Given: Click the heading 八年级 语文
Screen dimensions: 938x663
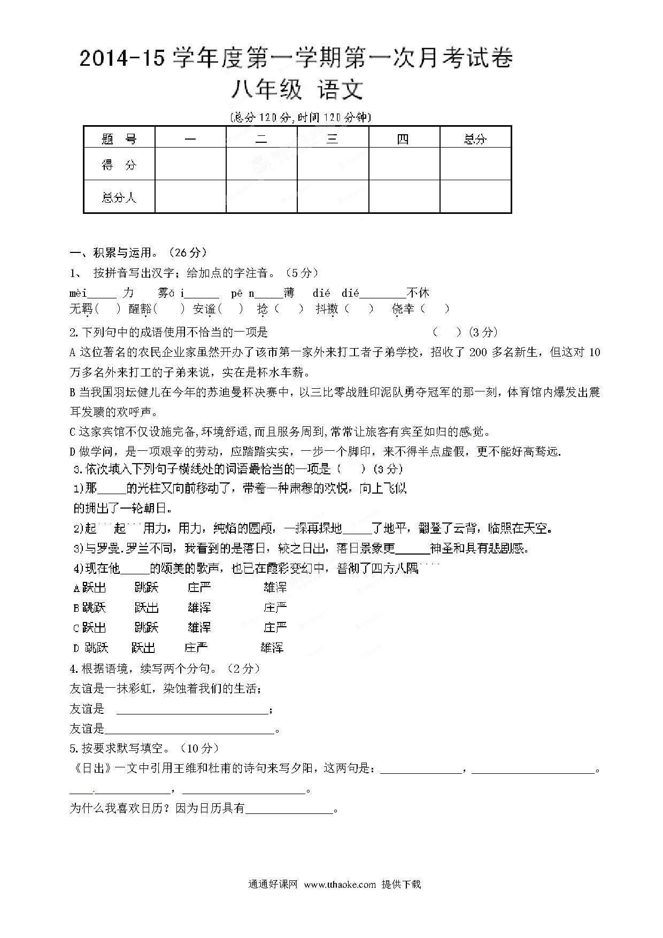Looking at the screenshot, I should (297, 90).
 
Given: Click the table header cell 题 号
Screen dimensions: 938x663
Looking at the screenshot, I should (119, 139).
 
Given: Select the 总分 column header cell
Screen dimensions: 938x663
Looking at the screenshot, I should (475, 139).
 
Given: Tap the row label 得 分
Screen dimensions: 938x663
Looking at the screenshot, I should (119, 165).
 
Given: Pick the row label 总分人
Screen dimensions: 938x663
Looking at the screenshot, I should (119, 197).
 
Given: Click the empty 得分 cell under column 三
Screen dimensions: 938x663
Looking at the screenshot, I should (333, 164).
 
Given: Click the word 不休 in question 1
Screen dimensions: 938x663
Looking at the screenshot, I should (418, 293).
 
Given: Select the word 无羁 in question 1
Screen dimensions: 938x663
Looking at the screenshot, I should (81, 309).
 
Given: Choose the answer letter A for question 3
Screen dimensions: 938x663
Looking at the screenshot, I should (76, 588).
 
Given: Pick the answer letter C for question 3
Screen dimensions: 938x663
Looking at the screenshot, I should (76, 628).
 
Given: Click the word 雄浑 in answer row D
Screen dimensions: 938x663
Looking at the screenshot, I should (272, 648).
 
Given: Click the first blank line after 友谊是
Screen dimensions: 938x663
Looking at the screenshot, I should (192, 709).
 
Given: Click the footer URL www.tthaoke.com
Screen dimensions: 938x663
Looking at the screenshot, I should (340, 884).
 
